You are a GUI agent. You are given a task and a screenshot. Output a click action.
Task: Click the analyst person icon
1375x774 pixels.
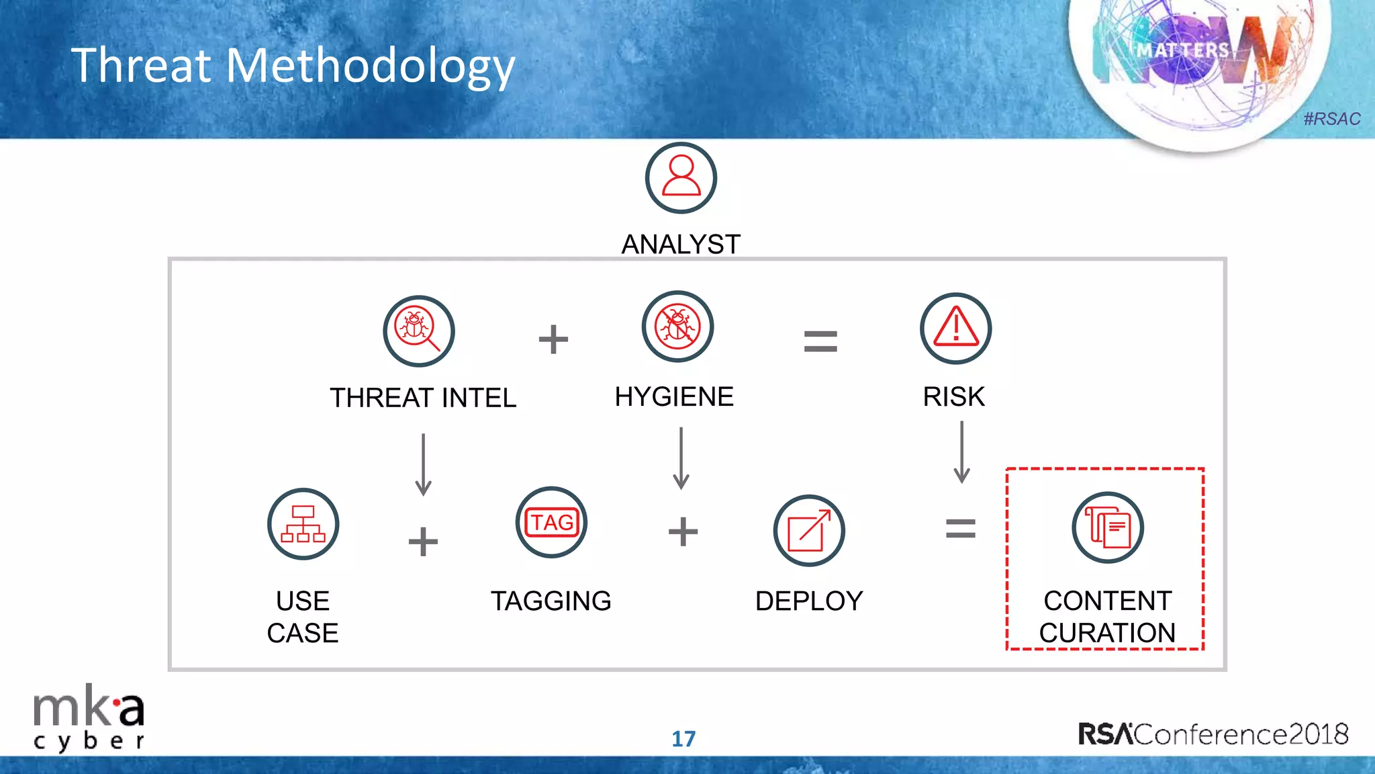681,178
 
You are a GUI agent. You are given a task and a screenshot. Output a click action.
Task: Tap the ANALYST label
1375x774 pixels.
681,244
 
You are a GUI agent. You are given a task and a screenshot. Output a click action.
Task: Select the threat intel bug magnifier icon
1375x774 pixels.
419,331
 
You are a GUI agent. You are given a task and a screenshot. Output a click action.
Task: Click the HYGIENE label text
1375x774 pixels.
674,396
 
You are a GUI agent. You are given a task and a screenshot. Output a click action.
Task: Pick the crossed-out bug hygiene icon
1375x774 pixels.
677,327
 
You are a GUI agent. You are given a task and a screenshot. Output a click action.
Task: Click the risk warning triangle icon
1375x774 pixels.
955,329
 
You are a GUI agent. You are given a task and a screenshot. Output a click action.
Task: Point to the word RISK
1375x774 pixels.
953,396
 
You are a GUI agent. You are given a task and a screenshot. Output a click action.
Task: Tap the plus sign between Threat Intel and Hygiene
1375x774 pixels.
553,339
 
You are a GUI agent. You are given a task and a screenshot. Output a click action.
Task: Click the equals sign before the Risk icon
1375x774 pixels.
820,341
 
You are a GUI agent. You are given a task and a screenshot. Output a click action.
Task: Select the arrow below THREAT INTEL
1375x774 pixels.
423,464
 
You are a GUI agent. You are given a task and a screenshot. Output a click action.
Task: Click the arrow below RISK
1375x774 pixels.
961,451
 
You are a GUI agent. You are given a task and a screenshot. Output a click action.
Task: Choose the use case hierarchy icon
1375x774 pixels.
303,524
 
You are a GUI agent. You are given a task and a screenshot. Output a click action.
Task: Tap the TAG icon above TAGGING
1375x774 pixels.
551,522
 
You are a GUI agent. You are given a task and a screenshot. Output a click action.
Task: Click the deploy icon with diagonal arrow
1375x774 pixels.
809,531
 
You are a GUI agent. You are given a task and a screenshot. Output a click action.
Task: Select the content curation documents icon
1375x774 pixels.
1107,527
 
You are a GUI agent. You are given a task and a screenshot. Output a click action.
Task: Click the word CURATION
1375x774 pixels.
1107,632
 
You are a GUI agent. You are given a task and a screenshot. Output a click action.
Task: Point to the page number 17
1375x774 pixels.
683,738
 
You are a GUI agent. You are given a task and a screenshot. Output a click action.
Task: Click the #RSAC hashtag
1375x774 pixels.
1331,119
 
